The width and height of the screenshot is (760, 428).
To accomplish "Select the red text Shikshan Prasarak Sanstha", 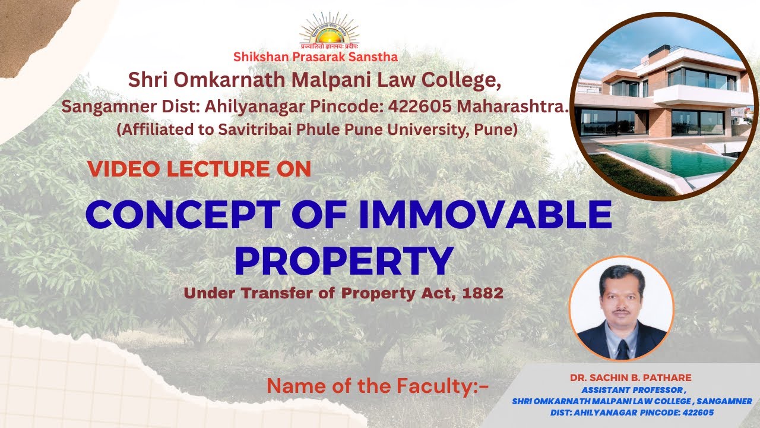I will [315, 57].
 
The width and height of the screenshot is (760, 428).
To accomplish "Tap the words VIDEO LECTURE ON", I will [199, 169].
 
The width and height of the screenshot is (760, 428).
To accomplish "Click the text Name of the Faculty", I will [378, 386].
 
